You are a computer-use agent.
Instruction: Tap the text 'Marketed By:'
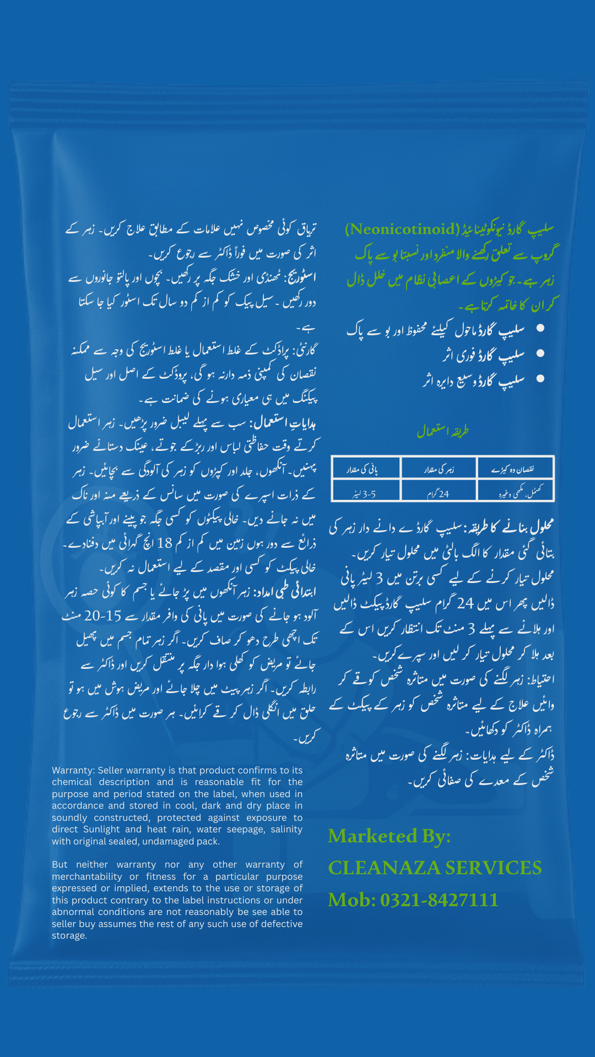point(389,836)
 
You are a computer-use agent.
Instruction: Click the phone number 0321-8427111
point(439,900)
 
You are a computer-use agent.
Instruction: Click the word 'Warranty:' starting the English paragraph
point(73,770)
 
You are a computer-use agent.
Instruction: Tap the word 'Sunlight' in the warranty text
point(102,829)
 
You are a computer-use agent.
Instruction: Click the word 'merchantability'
point(87,876)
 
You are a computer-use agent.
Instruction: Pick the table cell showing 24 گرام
point(438,494)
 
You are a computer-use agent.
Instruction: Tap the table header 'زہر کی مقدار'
point(439,470)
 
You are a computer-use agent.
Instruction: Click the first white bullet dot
point(540,328)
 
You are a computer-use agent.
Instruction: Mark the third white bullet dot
point(540,379)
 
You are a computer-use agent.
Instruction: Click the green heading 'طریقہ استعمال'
point(442,431)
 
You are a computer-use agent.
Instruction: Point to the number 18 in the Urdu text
point(165,543)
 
